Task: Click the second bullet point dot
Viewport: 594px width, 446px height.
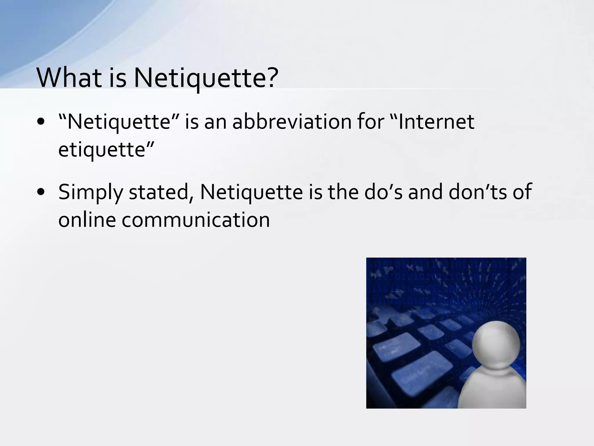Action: point(41,192)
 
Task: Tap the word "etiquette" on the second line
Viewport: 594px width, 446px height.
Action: point(102,150)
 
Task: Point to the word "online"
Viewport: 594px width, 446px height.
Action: point(87,220)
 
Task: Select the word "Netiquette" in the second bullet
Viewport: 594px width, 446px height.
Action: point(251,192)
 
